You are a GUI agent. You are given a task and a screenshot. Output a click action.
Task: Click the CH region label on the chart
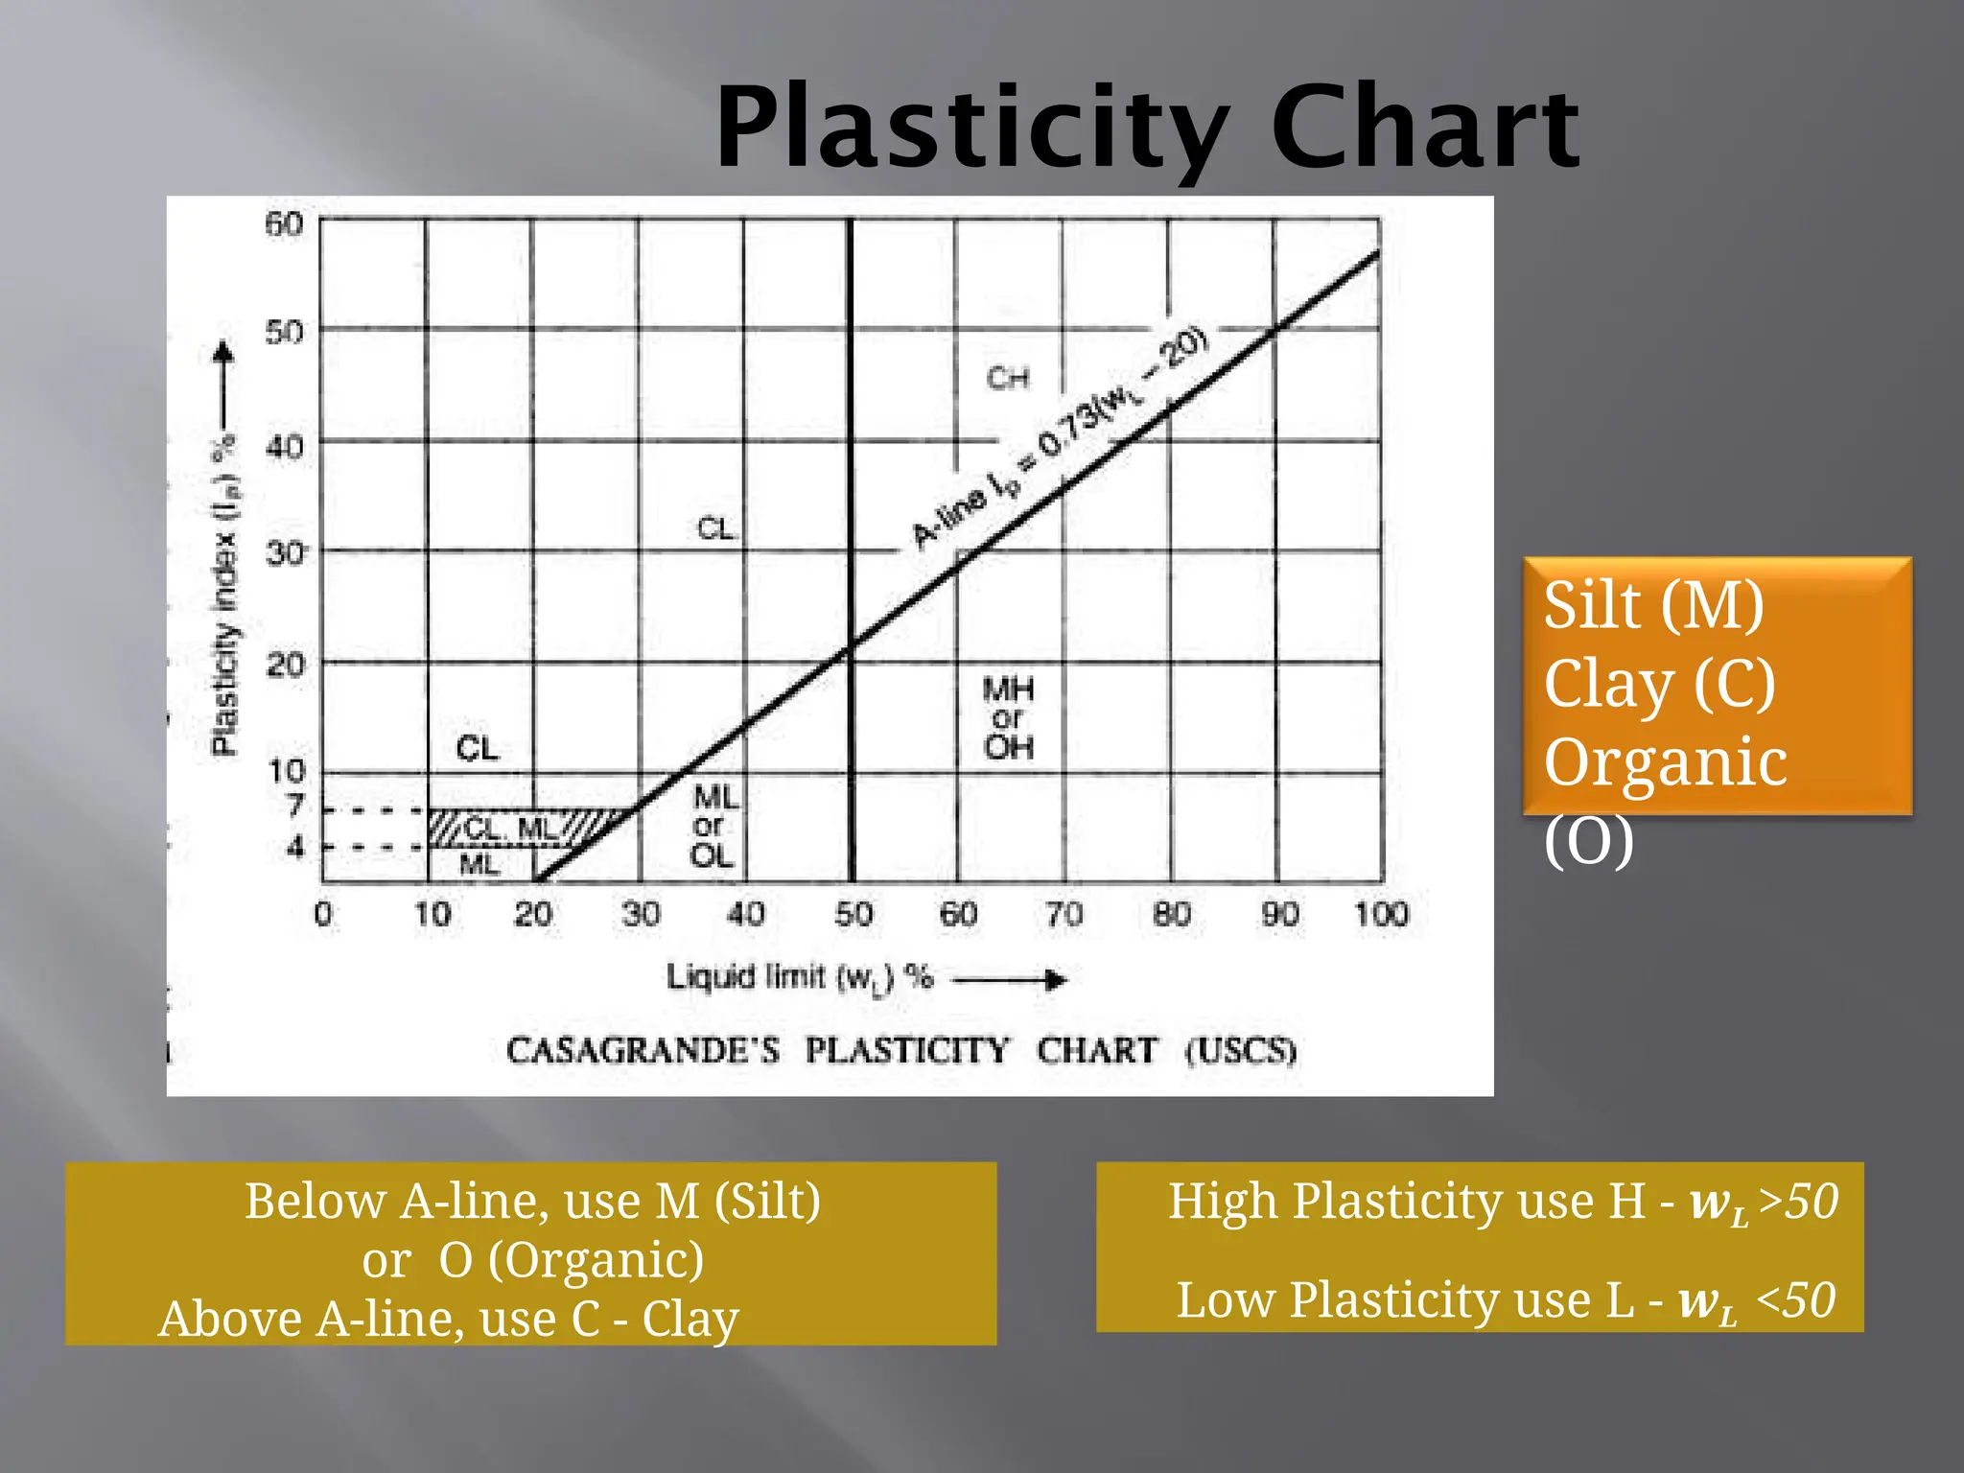coord(1008,379)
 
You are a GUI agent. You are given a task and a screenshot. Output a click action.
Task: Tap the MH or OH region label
coord(1008,717)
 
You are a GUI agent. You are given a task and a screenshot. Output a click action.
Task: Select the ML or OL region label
coord(714,826)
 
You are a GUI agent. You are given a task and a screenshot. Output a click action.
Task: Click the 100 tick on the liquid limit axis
coord(1381,914)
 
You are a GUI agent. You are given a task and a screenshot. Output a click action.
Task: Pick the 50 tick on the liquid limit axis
coord(853,914)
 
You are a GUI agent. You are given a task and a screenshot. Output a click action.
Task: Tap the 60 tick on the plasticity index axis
coord(284,224)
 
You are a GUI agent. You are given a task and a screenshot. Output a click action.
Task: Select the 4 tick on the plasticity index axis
coord(296,847)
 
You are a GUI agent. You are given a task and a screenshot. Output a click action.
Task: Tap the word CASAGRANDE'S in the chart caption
coord(643,1051)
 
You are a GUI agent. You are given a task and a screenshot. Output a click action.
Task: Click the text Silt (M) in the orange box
coord(1653,606)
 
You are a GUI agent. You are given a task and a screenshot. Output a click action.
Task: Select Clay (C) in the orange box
coord(1659,685)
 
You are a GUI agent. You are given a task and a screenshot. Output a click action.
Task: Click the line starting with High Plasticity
coord(1502,1203)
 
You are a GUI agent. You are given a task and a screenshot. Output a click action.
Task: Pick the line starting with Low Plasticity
coord(1506,1301)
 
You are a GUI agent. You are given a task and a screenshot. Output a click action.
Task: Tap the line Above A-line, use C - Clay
coord(449,1320)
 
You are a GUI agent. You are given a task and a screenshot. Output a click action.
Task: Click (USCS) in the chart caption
coord(1241,1051)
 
